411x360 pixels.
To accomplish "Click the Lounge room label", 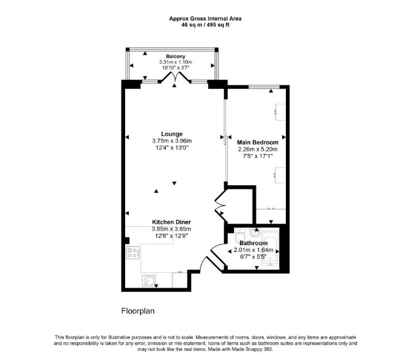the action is [172, 134].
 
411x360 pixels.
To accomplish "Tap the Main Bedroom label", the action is [258, 142].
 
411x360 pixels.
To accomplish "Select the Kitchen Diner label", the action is [171, 222].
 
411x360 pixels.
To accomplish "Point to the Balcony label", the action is [175, 56].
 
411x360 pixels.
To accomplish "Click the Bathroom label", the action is [253, 243].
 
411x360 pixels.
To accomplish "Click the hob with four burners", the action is [133, 253].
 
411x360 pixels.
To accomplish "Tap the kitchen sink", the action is [148, 281].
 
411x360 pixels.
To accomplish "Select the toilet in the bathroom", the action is [240, 236].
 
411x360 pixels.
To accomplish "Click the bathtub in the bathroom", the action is [271, 250].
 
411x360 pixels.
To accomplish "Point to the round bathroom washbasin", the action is [255, 232].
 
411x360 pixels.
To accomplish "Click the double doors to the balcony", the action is [175, 77].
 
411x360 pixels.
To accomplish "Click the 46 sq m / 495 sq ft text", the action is [205, 25].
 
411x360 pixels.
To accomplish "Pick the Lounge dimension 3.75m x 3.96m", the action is [172, 141].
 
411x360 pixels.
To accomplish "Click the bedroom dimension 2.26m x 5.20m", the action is [258, 150].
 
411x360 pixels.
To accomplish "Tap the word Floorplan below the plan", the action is [138, 311].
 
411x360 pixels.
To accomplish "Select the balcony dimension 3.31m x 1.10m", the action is [175, 62].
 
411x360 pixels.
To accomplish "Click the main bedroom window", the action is [264, 86].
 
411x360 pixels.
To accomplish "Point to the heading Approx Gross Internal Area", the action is [205, 18].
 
